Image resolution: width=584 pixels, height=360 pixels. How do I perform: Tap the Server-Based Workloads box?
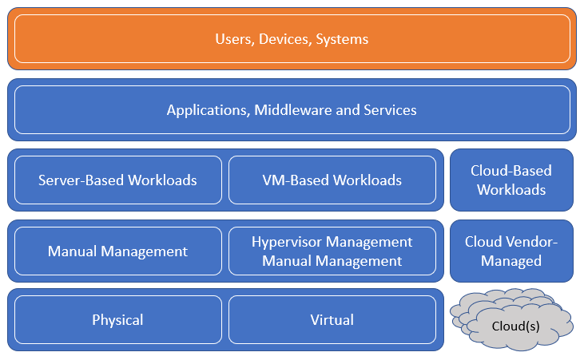[x=117, y=180]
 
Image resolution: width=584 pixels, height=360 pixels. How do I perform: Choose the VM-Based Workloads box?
[x=332, y=180]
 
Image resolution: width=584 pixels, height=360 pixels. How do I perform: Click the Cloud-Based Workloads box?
[x=511, y=180]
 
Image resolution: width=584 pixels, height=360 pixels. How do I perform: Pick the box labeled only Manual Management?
[x=117, y=251]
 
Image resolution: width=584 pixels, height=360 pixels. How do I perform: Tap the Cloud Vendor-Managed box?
[x=511, y=251]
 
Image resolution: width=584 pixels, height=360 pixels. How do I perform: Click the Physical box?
[x=117, y=320]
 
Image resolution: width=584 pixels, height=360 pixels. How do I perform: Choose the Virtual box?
[x=332, y=320]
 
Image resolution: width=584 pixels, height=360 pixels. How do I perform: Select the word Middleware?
[x=294, y=109]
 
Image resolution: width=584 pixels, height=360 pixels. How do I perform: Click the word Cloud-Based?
[x=511, y=170]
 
